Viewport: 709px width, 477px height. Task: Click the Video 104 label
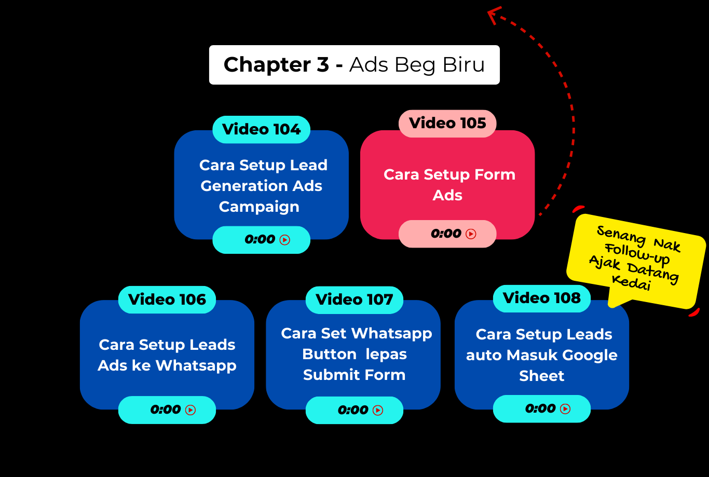261,129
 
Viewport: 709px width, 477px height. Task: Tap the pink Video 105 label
447,123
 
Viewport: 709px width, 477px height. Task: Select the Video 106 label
167,299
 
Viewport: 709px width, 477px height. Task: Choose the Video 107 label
354,299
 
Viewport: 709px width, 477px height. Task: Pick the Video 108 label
541,298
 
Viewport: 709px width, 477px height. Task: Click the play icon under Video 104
284,240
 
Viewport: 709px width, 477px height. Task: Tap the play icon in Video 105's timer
471,234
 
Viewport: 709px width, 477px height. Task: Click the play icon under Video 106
190,410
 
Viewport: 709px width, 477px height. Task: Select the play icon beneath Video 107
378,411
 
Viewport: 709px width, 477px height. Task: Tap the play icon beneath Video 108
565,409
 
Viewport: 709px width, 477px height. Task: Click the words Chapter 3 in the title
276,65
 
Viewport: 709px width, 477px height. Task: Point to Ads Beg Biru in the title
417,65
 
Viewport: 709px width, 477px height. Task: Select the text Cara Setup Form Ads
448,185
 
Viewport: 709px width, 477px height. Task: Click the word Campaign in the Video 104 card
259,207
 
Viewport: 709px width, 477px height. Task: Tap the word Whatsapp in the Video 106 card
196,365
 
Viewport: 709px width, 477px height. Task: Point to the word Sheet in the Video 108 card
541,376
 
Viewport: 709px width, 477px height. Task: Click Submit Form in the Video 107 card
354,375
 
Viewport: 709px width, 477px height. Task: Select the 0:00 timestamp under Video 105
446,234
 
